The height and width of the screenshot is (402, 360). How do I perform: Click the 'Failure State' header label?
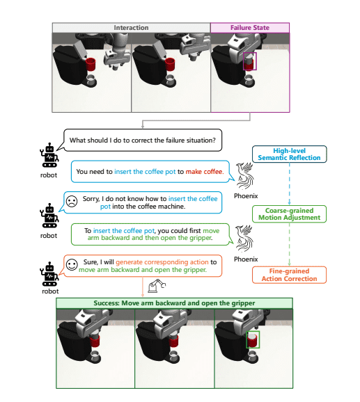[249, 28]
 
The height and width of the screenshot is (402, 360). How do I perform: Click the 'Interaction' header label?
[131, 28]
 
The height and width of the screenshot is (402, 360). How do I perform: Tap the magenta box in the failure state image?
[249, 61]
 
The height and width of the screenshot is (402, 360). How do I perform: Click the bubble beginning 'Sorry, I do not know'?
[150, 202]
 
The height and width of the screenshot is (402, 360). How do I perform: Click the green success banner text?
[174, 304]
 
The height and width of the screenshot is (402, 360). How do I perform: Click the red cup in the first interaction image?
[90, 65]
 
